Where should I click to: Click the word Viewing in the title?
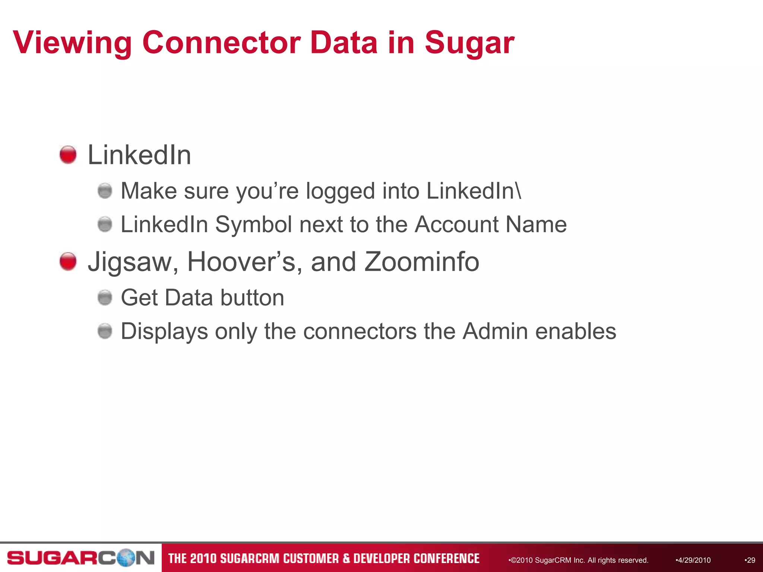pyautogui.click(x=72, y=43)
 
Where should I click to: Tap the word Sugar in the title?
pyautogui.click(x=469, y=43)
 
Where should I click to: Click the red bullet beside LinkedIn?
pyautogui.click(x=68, y=155)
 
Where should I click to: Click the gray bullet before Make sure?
pyautogui.click(x=105, y=191)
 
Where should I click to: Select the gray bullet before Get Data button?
pyautogui.click(x=105, y=298)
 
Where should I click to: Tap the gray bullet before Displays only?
pyautogui.click(x=105, y=331)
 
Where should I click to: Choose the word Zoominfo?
pyautogui.click(x=421, y=261)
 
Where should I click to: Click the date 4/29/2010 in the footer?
pyautogui.click(x=694, y=560)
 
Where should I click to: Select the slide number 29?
pyautogui.click(x=751, y=560)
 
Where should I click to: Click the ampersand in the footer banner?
pyautogui.click(x=346, y=559)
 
